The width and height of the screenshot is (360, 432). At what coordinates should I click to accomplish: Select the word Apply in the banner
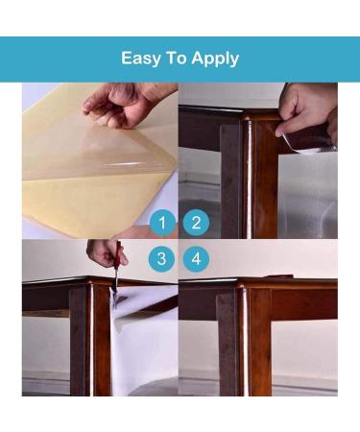click(215, 59)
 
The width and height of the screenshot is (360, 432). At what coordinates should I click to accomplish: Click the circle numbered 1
click(162, 223)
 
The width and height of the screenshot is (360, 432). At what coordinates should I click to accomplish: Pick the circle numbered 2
click(196, 223)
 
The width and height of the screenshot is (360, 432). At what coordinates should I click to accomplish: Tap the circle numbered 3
click(161, 258)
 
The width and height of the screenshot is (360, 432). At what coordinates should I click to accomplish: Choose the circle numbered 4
click(196, 258)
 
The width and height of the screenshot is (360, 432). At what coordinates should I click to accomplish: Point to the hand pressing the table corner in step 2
click(305, 112)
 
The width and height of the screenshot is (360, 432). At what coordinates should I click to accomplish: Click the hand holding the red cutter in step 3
click(106, 252)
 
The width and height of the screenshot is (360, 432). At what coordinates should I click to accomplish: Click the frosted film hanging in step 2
click(307, 195)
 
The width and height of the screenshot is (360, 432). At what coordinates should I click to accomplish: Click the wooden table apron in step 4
click(304, 304)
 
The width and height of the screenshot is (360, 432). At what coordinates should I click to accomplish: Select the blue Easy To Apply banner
click(180, 60)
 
